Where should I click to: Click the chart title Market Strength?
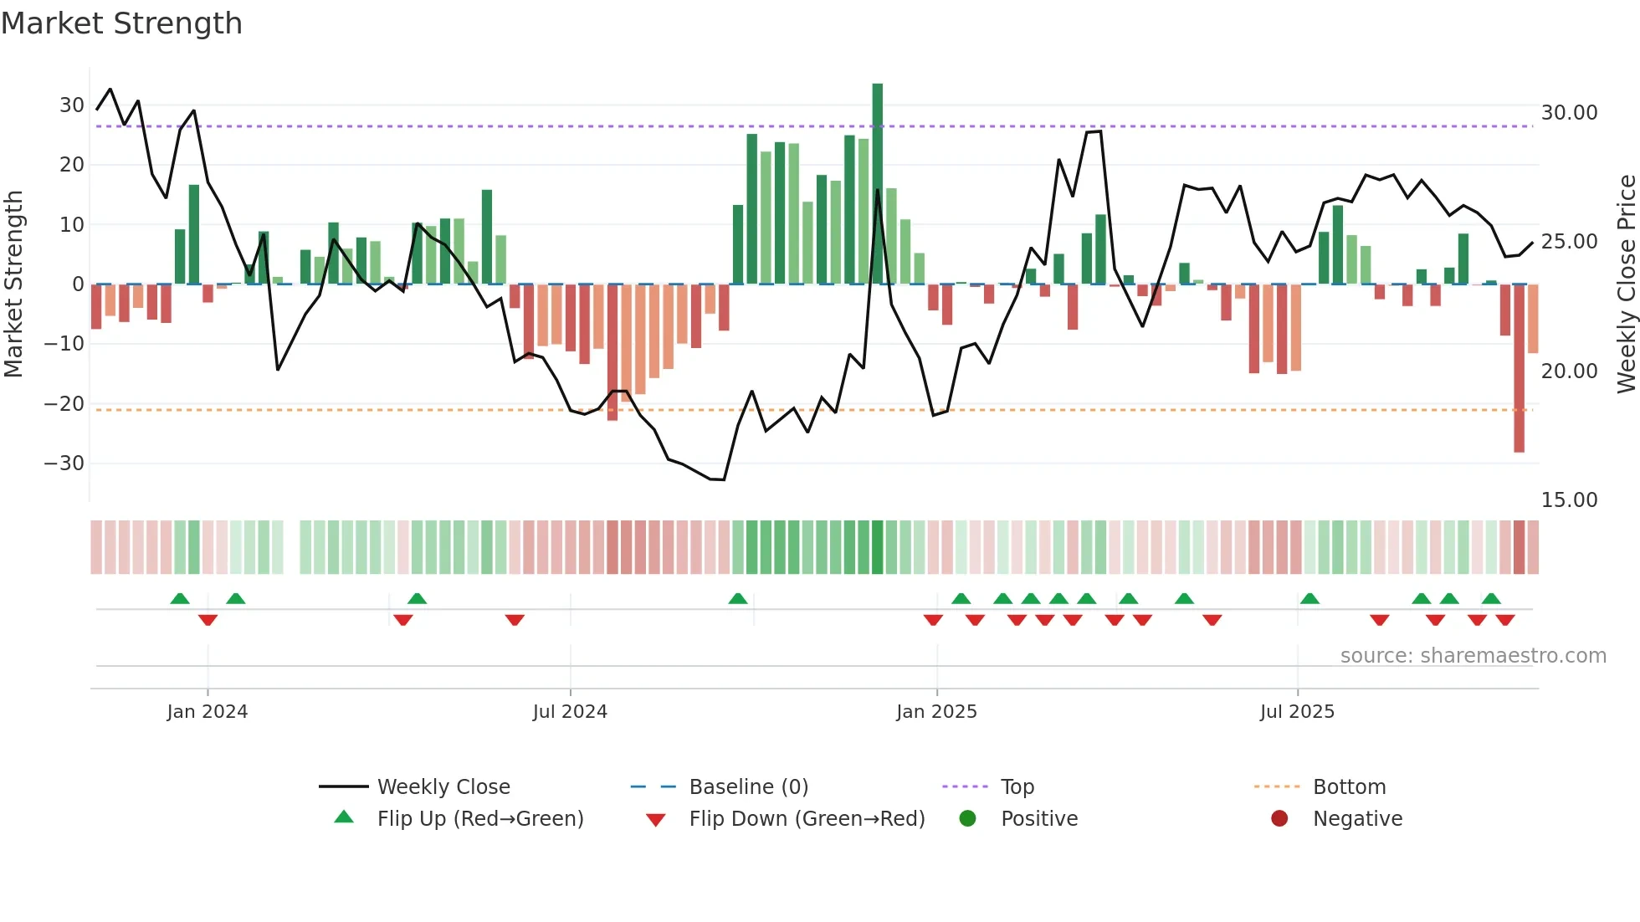click(121, 23)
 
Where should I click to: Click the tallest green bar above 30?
click(877, 184)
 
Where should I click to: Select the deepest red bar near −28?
click(1519, 368)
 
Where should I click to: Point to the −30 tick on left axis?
click(64, 464)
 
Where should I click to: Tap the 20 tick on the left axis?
click(72, 165)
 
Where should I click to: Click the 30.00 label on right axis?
click(1569, 113)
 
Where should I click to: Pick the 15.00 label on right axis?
click(1569, 500)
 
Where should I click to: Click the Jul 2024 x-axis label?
click(570, 712)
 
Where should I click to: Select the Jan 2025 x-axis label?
click(936, 712)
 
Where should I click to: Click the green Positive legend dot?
click(968, 819)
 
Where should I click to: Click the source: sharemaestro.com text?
click(1473, 656)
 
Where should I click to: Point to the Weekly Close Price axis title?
click(1626, 284)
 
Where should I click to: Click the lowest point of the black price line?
click(723, 479)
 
